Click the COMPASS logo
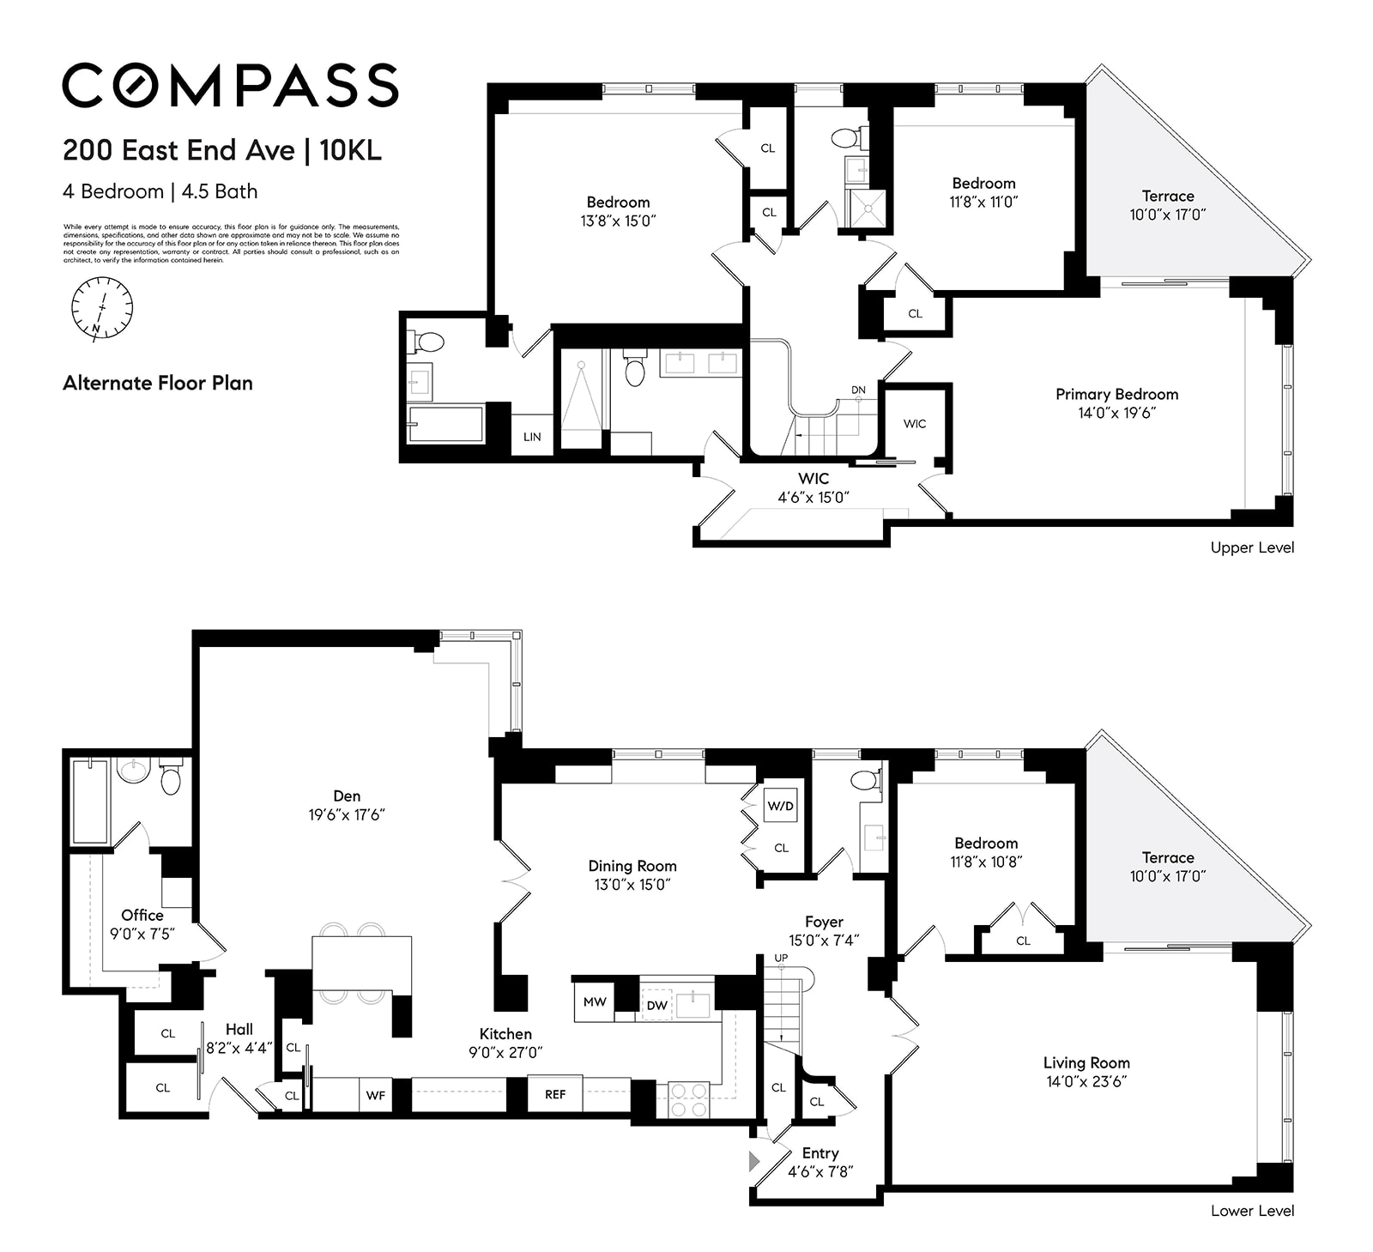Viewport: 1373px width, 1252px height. tap(230, 85)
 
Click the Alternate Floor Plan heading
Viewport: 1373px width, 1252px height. tap(158, 383)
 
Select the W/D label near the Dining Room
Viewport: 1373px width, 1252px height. tap(780, 807)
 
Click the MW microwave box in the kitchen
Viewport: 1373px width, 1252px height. tap(595, 1001)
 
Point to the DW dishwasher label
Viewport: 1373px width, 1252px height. tap(656, 1005)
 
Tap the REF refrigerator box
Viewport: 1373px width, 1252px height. tap(555, 1094)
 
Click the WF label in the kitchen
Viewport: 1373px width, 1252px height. tap(376, 1096)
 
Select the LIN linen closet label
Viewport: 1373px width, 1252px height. tap(532, 437)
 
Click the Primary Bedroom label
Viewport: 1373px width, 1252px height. tap(1116, 394)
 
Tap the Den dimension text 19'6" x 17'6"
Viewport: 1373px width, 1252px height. tap(347, 814)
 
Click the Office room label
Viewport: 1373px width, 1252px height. tap(142, 915)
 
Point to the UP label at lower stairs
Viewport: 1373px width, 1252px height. tap(781, 958)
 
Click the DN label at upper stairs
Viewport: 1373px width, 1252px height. tap(858, 390)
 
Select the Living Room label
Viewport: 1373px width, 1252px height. tap(1086, 1062)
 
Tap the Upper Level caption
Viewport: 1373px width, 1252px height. tap(1252, 547)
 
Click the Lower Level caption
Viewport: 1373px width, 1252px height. tap(1252, 1211)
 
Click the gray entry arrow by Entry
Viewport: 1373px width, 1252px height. tap(754, 1162)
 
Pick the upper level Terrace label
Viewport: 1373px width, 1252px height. tap(1167, 196)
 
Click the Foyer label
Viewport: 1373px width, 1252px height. tap(824, 922)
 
